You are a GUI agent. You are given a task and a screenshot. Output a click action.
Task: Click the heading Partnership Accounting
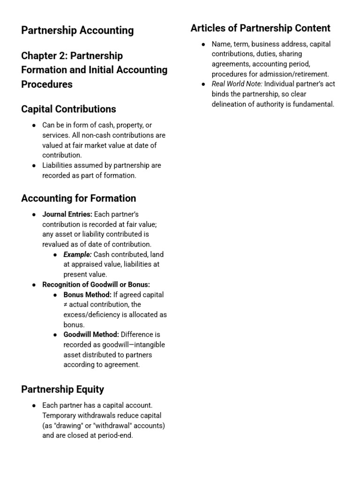77,30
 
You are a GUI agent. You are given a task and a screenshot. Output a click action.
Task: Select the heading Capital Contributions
68,109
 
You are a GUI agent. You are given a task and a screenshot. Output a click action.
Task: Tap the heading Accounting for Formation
78,198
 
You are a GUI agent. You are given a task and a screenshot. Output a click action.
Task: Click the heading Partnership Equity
62,390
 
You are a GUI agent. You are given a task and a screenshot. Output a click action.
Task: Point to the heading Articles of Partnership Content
260,28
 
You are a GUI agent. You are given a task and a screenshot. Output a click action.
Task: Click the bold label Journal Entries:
67,214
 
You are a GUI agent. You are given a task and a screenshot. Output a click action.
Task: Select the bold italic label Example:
77,255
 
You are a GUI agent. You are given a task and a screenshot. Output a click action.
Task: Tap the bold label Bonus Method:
87,295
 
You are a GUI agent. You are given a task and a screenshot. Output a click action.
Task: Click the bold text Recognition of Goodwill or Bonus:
96,285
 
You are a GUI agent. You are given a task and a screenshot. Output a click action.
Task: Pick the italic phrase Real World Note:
237,84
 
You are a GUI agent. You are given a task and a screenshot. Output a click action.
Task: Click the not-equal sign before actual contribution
66,305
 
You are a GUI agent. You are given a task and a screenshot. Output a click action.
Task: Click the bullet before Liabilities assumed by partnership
34,165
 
